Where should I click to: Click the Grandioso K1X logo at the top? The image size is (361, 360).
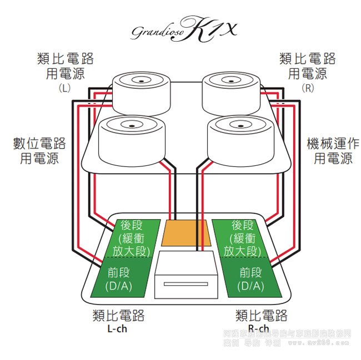click(183, 30)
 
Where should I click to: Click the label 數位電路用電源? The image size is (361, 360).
click(39, 151)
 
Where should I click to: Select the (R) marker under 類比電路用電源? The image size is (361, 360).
click(307, 88)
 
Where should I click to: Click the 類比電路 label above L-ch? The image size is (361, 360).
click(118, 316)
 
